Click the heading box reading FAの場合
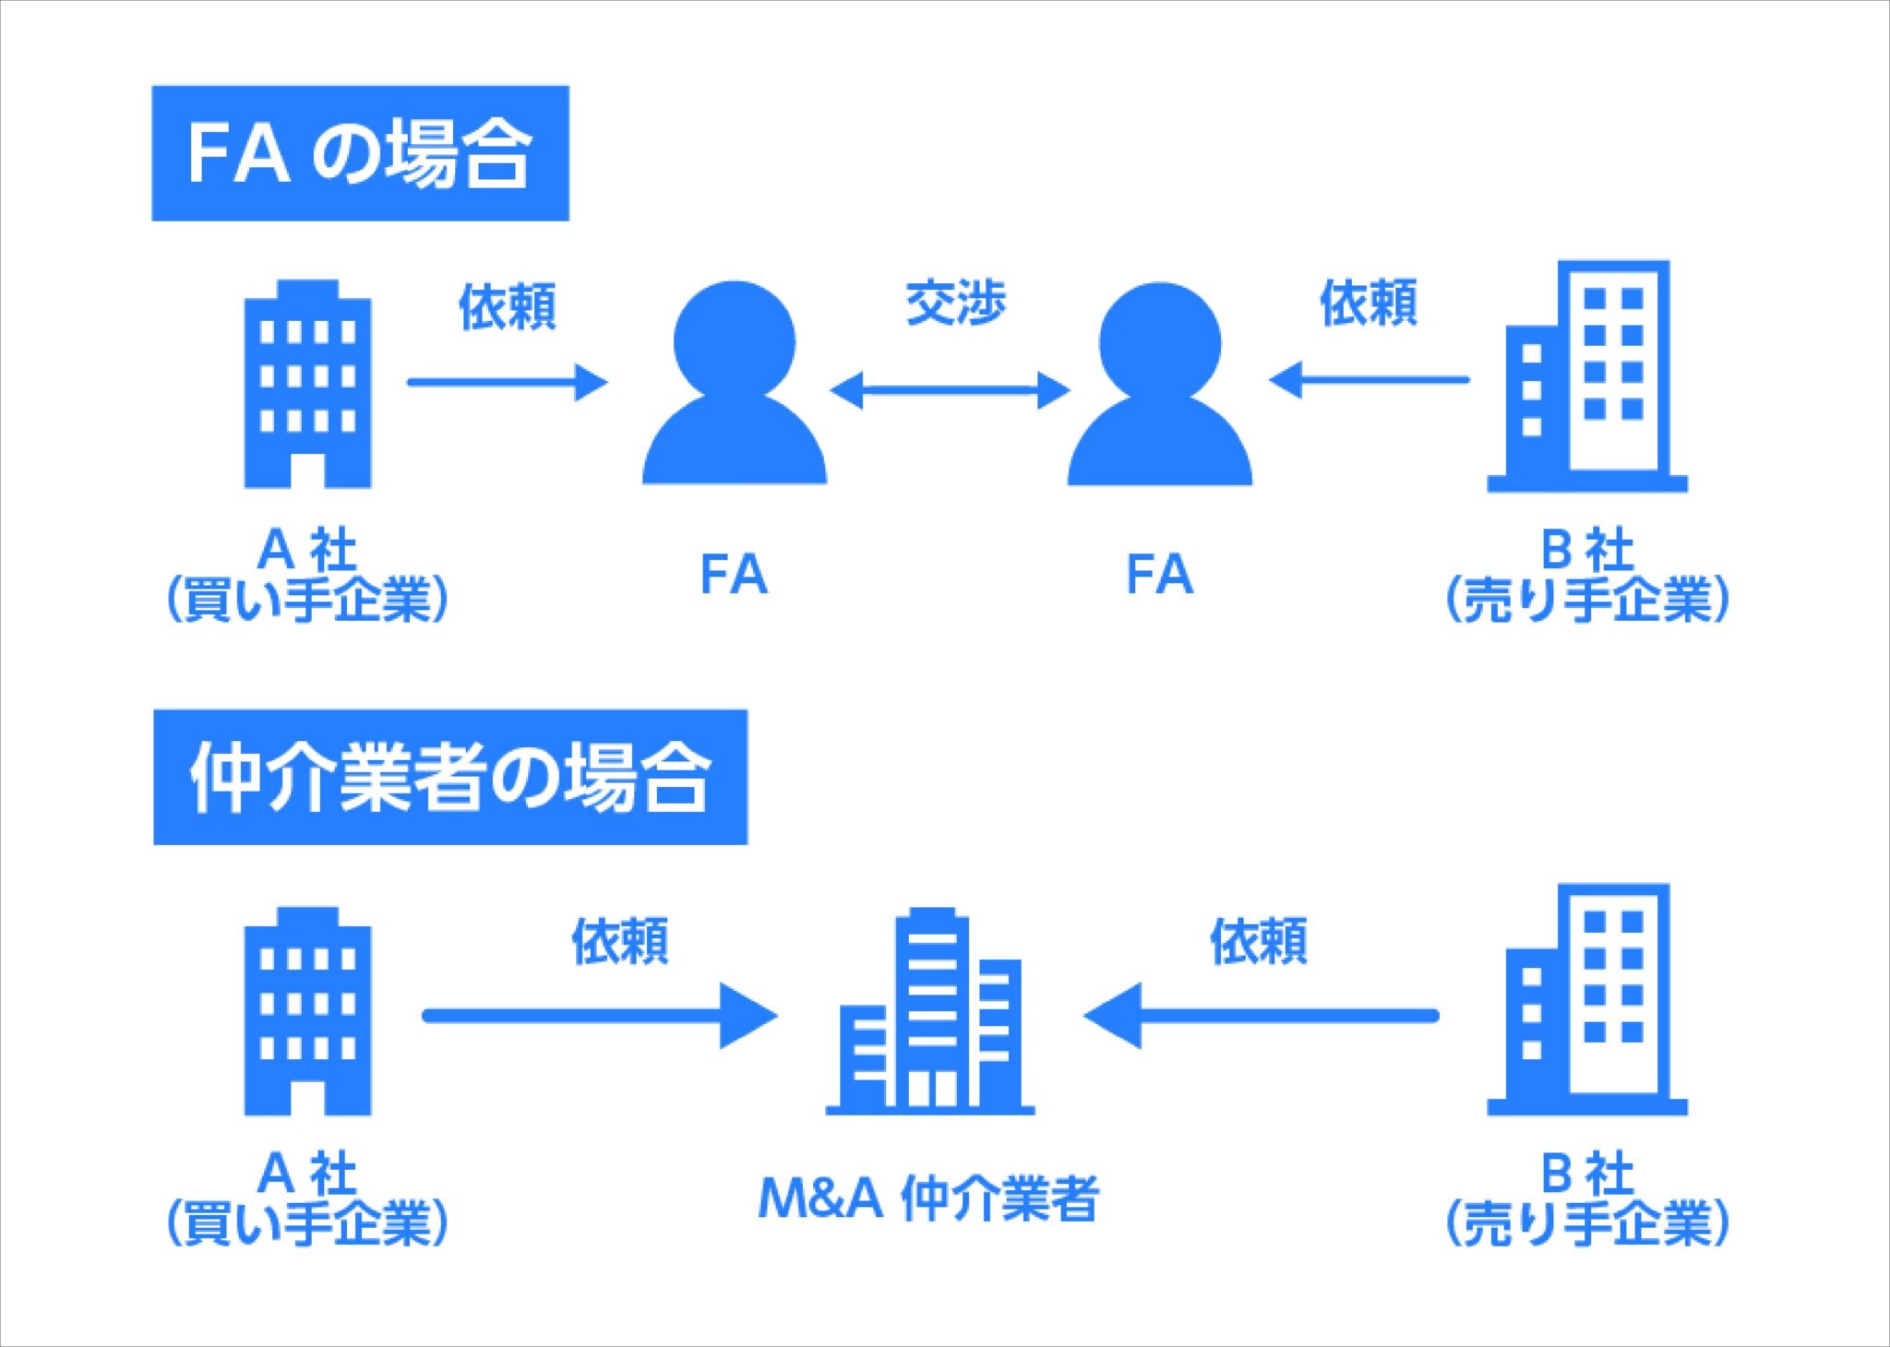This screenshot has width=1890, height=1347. pos(360,153)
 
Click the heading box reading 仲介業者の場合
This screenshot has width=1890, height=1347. pos(450,777)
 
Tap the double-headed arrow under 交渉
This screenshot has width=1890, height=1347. pos(950,390)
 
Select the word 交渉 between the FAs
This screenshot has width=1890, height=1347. pos(955,303)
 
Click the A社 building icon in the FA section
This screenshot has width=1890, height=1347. pos(307,384)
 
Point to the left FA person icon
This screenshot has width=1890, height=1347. pos(735,383)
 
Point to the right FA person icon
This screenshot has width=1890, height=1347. pos(1160,384)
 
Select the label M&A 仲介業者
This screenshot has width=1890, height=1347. pos(928,1198)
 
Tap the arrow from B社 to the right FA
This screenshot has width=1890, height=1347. pos(1369,379)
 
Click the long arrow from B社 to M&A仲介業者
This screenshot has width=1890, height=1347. pos(1261,1016)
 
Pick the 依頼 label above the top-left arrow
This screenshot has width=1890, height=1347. pos(508,306)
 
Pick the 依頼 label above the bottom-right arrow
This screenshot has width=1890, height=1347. pos(1259,941)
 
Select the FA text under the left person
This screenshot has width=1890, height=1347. pos(735,575)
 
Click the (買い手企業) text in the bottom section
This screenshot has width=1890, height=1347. pos(307,1224)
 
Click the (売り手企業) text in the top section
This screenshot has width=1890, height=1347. pos(1587,601)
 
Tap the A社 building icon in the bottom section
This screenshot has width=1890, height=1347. pos(307,1011)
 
